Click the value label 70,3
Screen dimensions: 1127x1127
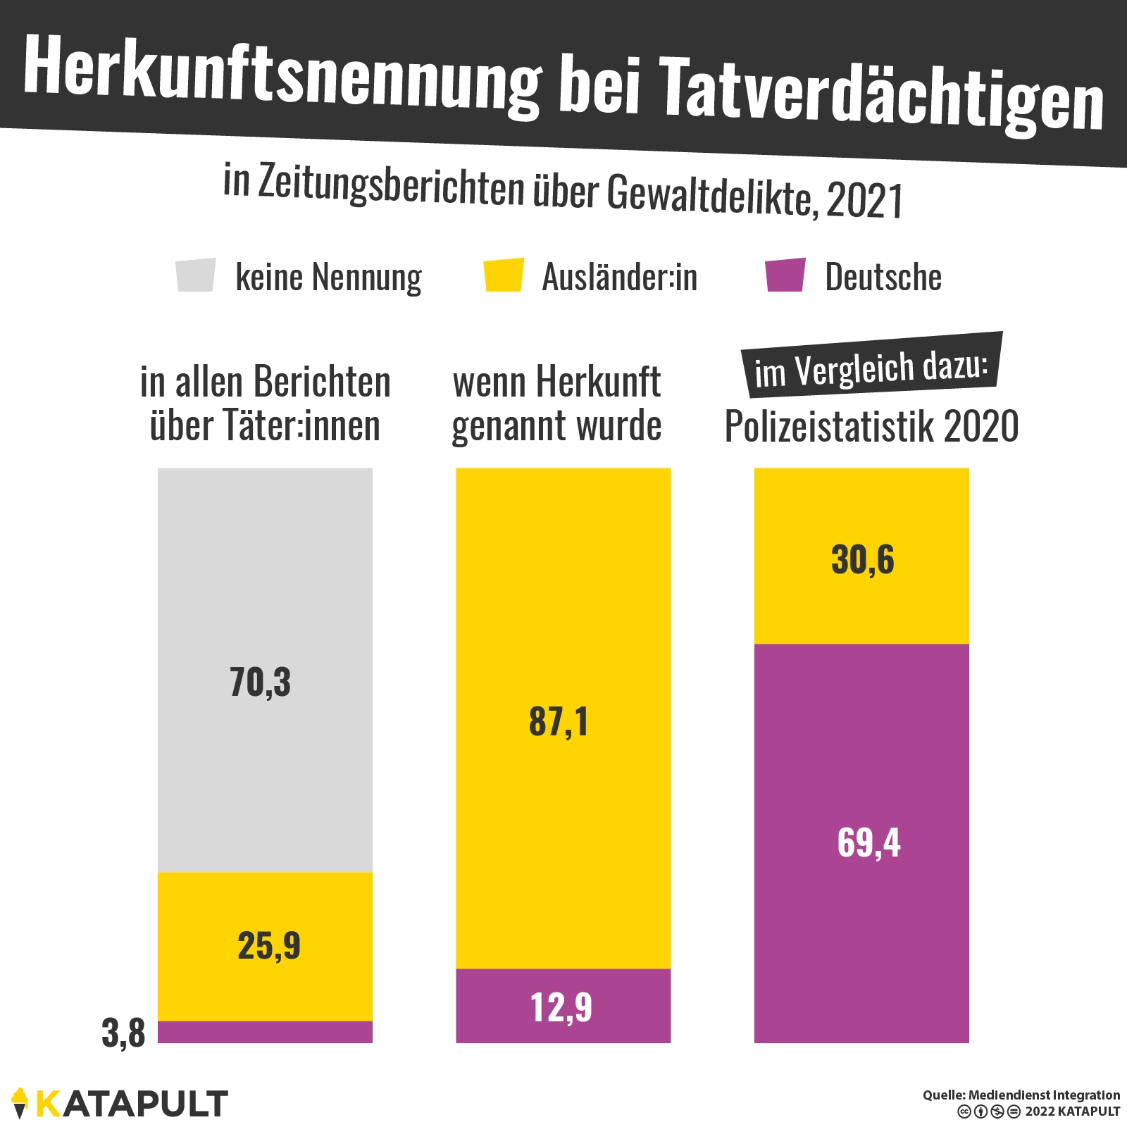point(260,683)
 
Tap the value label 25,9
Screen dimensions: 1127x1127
point(269,945)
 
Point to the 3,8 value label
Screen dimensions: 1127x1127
point(123,1033)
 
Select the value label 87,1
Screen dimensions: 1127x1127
point(559,722)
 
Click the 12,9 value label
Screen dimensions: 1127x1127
point(561,1007)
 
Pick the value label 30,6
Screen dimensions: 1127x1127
point(863,561)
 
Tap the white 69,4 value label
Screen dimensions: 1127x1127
point(868,842)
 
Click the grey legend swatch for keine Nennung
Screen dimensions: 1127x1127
point(196,275)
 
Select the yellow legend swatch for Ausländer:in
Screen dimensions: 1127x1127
point(504,275)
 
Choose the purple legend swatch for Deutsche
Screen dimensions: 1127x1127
point(785,275)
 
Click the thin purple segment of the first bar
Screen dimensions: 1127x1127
point(265,1032)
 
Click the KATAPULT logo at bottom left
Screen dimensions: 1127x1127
point(120,1103)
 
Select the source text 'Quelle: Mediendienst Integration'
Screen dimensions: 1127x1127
point(1021,1095)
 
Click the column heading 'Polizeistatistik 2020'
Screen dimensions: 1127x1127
point(871,426)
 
